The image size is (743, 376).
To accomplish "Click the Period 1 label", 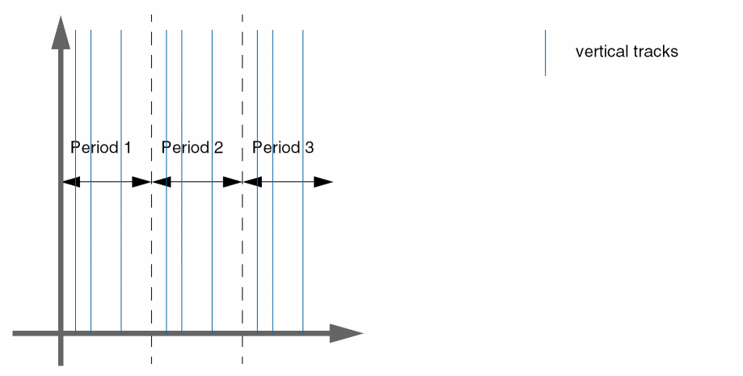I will coord(101,148).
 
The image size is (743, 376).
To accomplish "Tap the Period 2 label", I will coord(192,148).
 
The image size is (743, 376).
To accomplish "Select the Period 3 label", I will coord(283,148).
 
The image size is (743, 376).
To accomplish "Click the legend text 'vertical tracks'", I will coord(627,52).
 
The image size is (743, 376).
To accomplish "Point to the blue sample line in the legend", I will coord(545,53).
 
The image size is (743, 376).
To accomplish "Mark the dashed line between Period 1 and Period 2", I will coord(151,243).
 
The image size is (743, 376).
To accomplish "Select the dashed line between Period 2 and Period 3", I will coord(243,243).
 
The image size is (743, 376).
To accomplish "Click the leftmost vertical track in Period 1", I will coord(75,243).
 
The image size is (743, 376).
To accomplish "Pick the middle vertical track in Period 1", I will coord(91,243).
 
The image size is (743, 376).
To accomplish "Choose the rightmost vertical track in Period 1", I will coord(121,243).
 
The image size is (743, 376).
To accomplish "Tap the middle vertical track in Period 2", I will coord(182,243).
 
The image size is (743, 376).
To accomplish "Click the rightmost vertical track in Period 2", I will coord(212,243).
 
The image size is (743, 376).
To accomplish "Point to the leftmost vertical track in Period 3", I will coord(257,243).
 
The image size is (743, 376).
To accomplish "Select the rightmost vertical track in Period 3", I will coord(303,243).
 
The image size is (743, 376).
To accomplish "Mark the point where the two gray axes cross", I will coord(61,332).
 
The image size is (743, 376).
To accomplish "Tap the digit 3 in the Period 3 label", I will coord(310,148).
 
